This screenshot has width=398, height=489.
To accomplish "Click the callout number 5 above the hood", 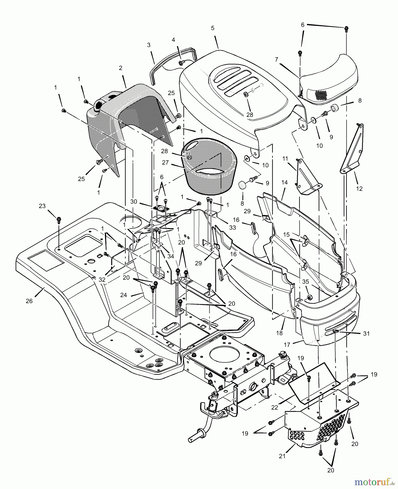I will click(x=212, y=28).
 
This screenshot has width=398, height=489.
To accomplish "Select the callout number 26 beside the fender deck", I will click(x=29, y=301).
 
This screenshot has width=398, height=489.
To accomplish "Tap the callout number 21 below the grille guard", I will click(x=282, y=456).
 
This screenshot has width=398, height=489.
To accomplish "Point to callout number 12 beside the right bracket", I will click(x=359, y=189).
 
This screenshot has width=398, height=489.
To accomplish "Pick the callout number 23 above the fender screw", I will click(x=42, y=206).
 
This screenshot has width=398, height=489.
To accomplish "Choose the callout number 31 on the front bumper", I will click(x=367, y=333).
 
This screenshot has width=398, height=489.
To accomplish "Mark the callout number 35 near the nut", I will click(x=305, y=282).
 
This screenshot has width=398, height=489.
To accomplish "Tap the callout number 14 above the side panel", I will click(x=284, y=183).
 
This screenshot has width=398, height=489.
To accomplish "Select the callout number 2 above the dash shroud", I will click(x=121, y=68).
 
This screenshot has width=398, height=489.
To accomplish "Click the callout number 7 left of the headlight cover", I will click(x=277, y=59).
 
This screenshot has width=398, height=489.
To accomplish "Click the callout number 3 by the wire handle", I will click(x=149, y=45).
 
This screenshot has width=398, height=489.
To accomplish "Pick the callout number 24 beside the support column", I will click(x=124, y=295).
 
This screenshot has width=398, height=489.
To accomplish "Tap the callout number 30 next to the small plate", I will click(x=134, y=202).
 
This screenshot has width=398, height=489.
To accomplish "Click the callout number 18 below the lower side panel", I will click(x=279, y=333).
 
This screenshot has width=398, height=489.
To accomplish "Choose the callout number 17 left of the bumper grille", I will click(x=287, y=345).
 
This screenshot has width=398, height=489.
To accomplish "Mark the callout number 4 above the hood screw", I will click(x=173, y=40).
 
